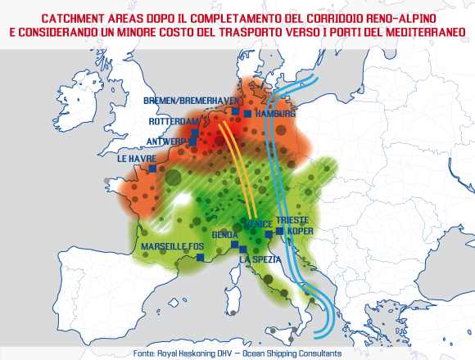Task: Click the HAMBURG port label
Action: click(274, 114)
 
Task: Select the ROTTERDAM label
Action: click(174, 121)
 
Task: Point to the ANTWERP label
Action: click(167, 141)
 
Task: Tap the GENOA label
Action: click(224, 235)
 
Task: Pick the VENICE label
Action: click(260, 223)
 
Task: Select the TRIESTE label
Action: click(292, 221)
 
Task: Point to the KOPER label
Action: click(300, 232)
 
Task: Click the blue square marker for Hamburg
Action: click(247, 114)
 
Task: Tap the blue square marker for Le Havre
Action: click(152, 168)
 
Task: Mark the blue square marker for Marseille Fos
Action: click(200, 257)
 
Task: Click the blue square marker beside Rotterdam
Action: click(197, 125)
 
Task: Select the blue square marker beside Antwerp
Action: click(193, 141)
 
